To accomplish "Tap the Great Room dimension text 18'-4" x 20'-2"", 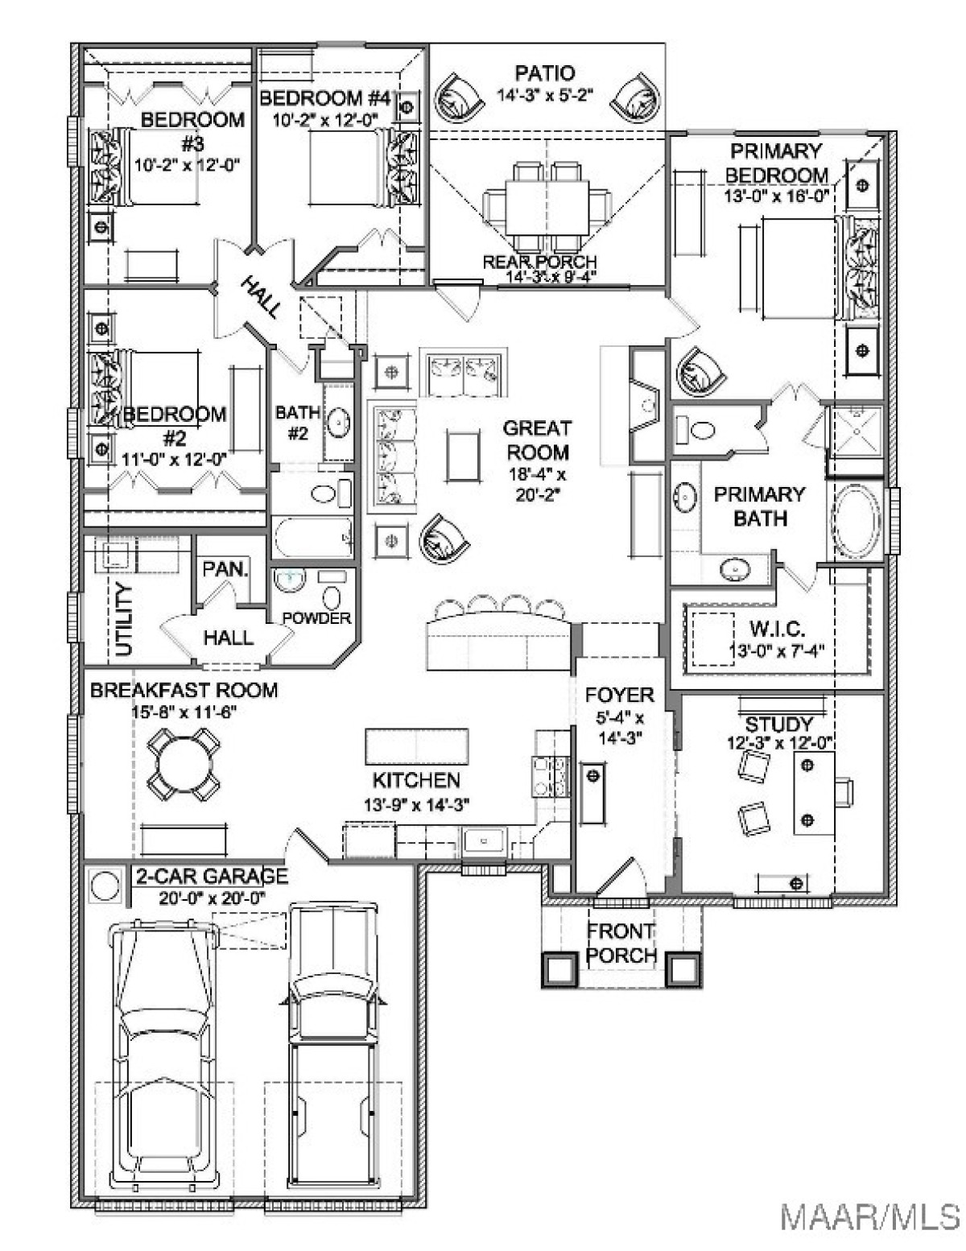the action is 537,485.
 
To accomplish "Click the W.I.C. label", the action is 777,628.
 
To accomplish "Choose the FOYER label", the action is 619,695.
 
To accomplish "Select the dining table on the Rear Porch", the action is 548,206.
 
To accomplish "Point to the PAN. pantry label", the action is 226,569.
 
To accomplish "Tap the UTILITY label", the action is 124,621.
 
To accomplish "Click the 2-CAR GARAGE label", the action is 211,876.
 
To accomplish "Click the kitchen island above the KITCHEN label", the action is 417,747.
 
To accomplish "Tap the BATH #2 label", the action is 298,423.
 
